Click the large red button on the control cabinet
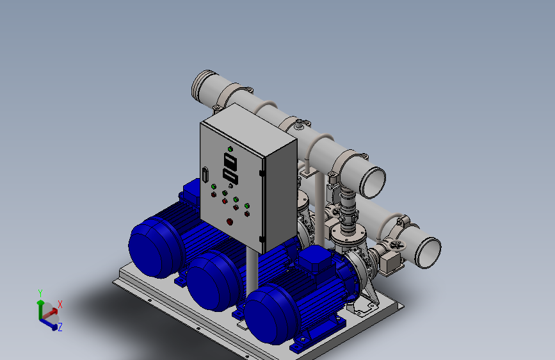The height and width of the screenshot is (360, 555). [230, 222]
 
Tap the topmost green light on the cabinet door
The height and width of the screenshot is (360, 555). [230, 149]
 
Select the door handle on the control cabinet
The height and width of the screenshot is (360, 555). [205, 175]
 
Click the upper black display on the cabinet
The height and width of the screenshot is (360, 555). [230, 161]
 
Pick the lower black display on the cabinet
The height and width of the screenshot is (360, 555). [230, 176]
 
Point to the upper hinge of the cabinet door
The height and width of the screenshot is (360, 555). [262, 173]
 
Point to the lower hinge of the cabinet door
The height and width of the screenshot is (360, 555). [262, 239]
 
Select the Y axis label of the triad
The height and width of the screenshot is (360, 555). [40, 293]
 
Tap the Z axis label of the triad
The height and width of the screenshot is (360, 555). [60, 327]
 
